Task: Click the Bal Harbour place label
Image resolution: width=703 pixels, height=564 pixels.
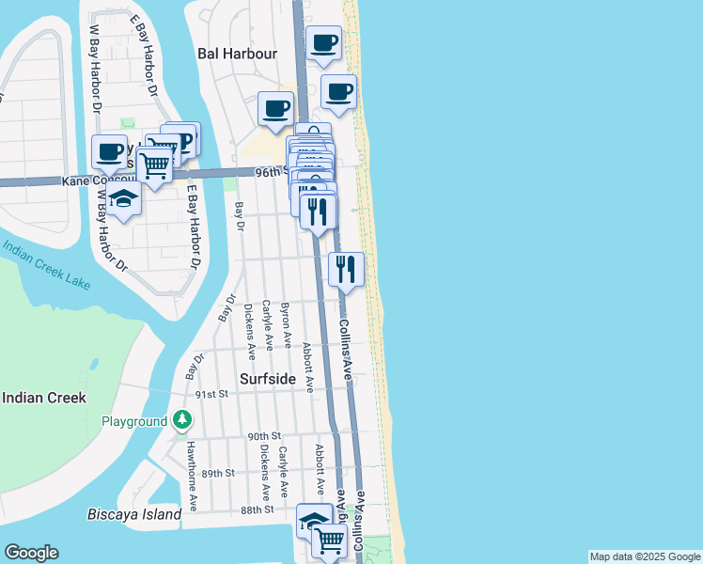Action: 237,54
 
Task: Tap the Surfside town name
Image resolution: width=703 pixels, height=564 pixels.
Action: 267,380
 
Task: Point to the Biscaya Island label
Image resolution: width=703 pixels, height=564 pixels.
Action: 133,515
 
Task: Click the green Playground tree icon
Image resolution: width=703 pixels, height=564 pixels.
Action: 181,420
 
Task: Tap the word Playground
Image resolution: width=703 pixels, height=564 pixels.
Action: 133,422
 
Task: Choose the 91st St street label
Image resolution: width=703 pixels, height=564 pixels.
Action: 212,395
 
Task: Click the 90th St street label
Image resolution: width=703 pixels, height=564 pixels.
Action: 265,436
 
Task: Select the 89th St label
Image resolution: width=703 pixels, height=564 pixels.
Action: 216,473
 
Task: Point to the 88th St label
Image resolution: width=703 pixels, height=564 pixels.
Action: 256,509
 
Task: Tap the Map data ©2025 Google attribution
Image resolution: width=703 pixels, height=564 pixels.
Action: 645,556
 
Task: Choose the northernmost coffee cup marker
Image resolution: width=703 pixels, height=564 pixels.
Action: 324,43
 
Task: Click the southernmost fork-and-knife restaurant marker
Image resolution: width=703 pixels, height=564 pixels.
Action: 346,270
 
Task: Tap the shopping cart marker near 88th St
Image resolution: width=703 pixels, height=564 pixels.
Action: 328,540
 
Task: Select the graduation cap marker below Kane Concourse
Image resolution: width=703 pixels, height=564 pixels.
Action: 123,198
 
